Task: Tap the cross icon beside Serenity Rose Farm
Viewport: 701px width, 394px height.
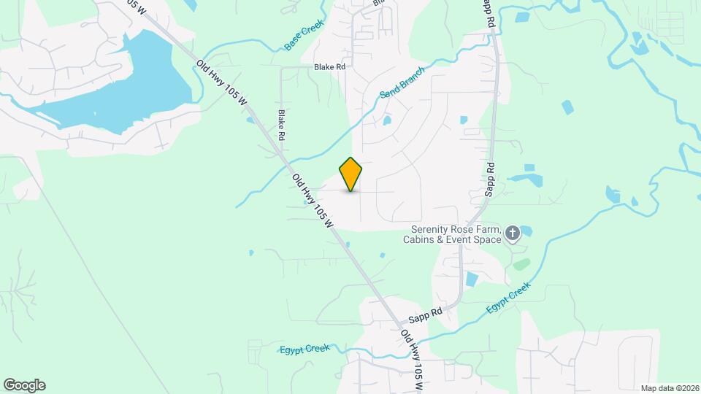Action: (513, 233)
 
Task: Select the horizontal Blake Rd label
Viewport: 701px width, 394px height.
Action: (329, 66)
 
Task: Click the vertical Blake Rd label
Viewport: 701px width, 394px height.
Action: (281, 125)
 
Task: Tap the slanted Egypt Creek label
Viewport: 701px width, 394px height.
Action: (507, 299)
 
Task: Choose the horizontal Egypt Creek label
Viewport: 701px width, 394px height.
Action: (304, 349)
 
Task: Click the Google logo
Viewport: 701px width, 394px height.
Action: (24, 385)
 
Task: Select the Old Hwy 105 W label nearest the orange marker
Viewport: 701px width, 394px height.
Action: (313, 200)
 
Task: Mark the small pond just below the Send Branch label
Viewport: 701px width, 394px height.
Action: (386, 120)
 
